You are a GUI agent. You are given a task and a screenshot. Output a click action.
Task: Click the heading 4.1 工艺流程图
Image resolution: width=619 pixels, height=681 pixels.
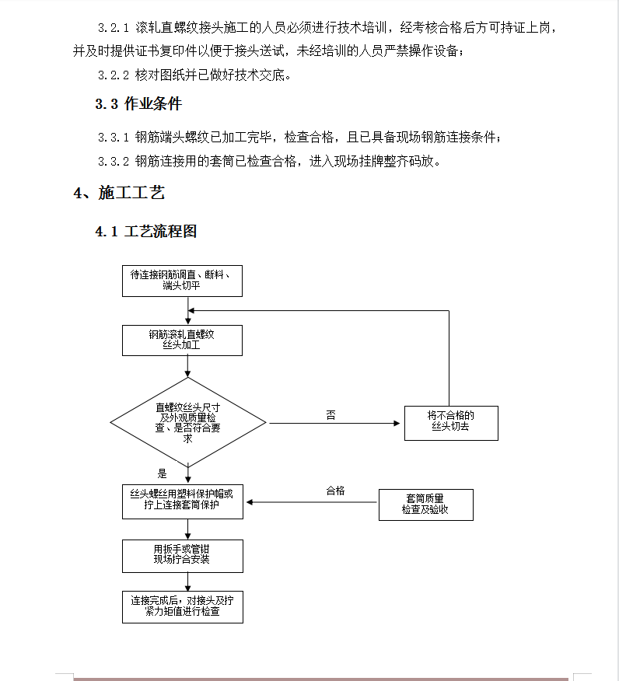coord(146,231)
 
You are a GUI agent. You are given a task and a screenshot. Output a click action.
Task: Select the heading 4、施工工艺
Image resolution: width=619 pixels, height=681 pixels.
coord(119,192)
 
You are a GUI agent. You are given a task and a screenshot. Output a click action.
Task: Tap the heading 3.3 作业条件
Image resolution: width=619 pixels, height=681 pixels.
coord(138,104)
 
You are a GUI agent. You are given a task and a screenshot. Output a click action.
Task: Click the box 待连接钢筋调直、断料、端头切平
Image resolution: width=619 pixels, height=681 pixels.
coord(183,281)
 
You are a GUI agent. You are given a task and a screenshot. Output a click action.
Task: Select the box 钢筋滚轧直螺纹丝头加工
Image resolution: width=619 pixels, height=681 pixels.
coord(183,340)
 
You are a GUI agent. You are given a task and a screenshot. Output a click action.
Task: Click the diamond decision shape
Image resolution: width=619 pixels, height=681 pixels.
coord(188,423)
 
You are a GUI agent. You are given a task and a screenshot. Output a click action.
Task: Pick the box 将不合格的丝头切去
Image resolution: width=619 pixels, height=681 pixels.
coord(451,423)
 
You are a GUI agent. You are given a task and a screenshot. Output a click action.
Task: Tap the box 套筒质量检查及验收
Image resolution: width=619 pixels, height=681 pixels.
coord(426,505)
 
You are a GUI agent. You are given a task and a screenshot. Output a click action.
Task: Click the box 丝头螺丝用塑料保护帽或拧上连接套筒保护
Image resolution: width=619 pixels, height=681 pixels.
coord(183,501)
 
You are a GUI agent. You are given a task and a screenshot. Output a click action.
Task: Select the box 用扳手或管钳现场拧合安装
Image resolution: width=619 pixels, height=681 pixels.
coord(183,556)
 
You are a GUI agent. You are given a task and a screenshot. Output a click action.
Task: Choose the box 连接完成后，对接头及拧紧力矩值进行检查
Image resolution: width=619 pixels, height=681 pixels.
coord(183,607)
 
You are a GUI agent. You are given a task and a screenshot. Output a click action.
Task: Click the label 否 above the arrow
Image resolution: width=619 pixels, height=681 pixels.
coord(331,415)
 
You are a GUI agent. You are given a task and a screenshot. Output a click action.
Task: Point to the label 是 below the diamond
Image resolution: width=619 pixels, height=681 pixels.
coord(162,474)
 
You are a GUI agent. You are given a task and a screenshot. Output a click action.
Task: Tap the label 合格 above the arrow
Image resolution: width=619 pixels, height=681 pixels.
coord(335,491)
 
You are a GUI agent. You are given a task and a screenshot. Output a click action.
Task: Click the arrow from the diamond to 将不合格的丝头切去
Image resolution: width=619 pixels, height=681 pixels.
coord(334,423)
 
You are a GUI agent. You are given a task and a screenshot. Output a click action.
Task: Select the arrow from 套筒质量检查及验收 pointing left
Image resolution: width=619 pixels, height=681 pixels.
coord(312,502)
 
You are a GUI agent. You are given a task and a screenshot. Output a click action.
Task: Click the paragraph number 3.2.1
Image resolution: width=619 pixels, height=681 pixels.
coord(114,28)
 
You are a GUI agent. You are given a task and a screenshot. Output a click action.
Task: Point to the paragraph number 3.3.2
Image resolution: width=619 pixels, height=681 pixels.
coord(114,162)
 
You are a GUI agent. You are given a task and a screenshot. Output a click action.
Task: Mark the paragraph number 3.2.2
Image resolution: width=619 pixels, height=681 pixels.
coord(114,75)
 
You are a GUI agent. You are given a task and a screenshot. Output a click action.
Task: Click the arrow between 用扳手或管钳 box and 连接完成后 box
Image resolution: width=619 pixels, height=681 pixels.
coord(188,582)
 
